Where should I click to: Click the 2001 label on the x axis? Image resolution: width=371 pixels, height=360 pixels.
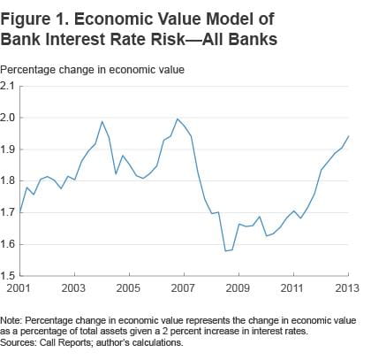coord(20,288)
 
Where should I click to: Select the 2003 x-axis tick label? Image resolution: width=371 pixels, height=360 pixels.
coord(74,288)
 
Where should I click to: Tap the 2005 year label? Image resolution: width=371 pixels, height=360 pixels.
coord(128,288)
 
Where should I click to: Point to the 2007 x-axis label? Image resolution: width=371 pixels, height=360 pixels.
coord(183,288)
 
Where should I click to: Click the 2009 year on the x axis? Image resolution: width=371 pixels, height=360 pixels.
coord(237,288)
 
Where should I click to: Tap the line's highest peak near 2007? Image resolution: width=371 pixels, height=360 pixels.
coord(178,119)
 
